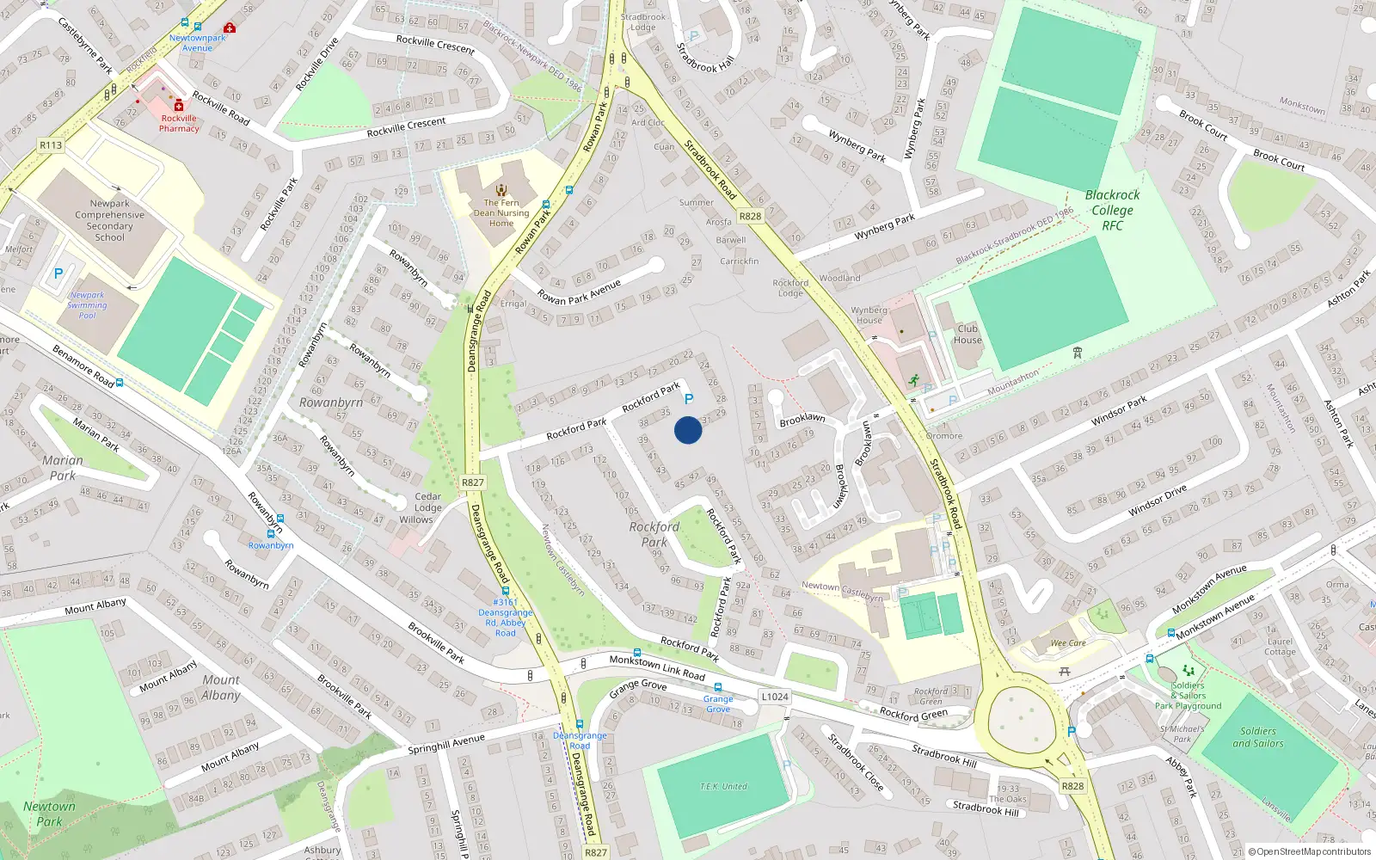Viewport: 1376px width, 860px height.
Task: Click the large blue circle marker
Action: coord(687,430)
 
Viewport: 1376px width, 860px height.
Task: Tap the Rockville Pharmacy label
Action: coord(179,124)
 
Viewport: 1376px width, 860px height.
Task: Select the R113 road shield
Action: coord(51,145)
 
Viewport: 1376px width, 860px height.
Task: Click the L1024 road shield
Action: coord(774,697)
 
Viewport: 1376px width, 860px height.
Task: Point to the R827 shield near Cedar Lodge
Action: coord(472,482)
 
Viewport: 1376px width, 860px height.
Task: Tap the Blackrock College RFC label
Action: coord(1112,210)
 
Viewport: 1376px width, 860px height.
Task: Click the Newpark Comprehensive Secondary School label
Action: coord(109,220)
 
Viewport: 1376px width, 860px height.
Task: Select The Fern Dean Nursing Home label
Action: coord(501,213)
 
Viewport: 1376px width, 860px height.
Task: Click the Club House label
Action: coord(967,334)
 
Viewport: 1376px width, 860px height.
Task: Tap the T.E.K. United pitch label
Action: coord(723,786)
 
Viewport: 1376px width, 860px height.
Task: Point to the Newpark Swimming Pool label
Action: coord(87,305)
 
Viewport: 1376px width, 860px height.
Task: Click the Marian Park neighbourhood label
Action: coord(63,468)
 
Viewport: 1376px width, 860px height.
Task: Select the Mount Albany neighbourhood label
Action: coord(221,687)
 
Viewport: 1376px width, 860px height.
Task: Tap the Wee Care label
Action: coord(1068,642)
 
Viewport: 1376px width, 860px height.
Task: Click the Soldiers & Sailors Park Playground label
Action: coord(1188,696)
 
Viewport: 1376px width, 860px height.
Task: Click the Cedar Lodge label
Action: coord(428,502)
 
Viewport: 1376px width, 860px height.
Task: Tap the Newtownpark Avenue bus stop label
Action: coord(197,43)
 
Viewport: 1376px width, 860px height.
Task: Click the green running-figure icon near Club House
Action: coord(913,380)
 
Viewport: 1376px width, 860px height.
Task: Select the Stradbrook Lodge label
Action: coord(642,22)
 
